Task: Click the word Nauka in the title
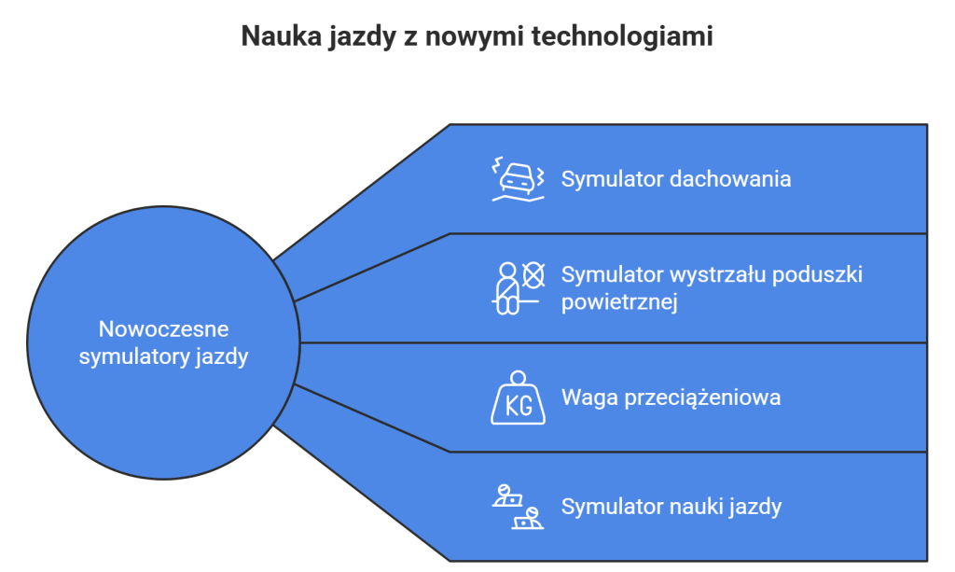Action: tap(281, 36)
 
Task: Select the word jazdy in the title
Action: tap(362, 37)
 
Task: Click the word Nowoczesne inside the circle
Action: tap(164, 329)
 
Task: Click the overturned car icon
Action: tap(519, 179)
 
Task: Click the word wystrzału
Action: tap(718, 274)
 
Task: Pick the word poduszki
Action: tap(817, 275)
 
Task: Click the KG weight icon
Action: tap(519, 398)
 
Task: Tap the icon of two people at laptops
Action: tap(519, 506)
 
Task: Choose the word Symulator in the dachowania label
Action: tap(612, 179)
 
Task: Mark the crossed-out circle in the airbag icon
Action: tap(533, 275)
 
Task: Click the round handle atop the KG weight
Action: tap(519, 378)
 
